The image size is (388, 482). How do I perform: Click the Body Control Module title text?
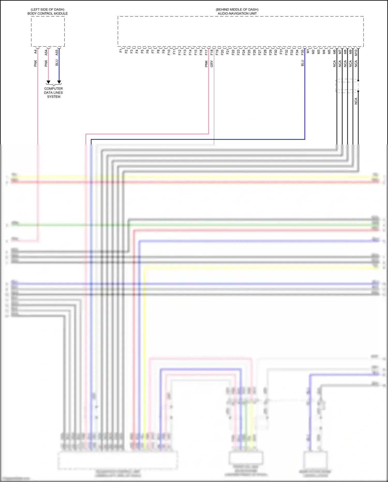[x=48, y=13]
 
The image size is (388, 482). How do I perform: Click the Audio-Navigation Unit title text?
[x=237, y=13]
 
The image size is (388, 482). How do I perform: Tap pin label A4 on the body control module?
[x=36, y=52]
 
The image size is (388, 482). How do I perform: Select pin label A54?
[x=46, y=53]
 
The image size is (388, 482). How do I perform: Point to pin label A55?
[x=57, y=53]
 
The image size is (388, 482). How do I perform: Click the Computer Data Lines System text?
[x=54, y=92]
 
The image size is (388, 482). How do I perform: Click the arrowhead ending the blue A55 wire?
[x=59, y=82]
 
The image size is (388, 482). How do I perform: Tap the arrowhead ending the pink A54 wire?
[x=48, y=82]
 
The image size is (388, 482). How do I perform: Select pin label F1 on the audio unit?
[x=121, y=51]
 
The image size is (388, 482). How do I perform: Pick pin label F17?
[x=206, y=52]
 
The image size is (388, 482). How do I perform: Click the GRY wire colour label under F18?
[x=212, y=64]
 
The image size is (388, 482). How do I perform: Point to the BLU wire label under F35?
[x=303, y=63]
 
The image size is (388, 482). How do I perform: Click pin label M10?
[x=356, y=53]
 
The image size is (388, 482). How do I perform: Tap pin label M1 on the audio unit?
[x=308, y=51]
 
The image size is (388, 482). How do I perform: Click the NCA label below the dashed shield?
[x=356, y=101]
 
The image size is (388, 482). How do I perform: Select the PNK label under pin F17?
[x=206, y=64]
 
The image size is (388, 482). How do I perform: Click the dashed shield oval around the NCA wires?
[x=347, y=86]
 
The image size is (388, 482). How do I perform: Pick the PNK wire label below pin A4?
[x=36, y=63]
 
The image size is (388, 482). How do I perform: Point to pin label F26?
[x=254, y=52]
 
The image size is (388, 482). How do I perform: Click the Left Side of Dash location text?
[x=48, y=10]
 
